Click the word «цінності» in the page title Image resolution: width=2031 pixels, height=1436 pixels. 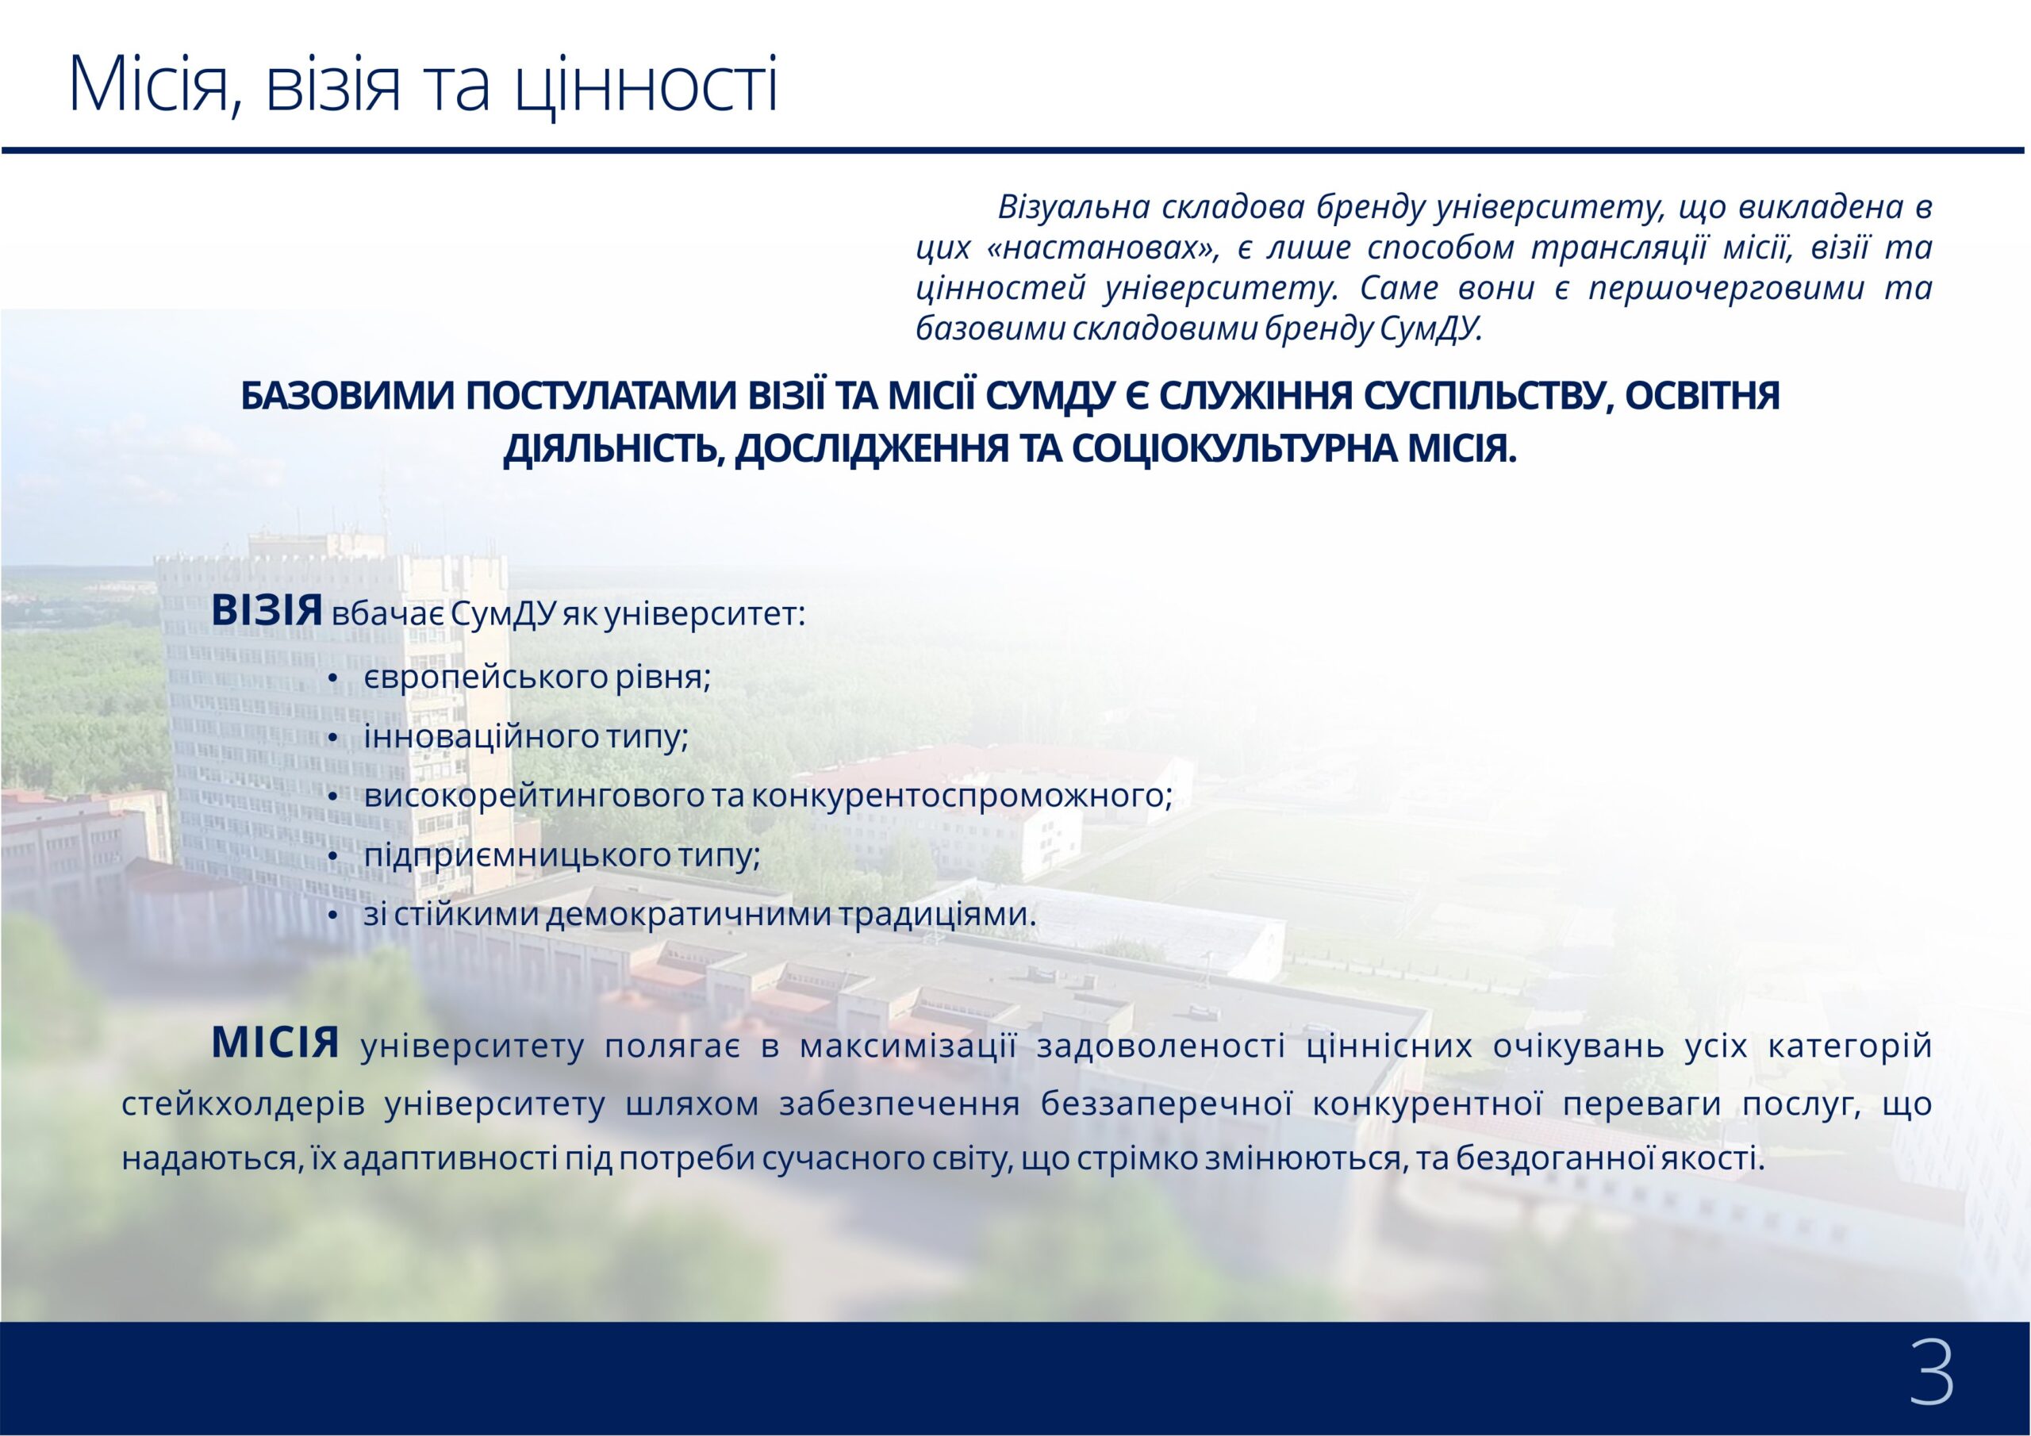(x=647, y=84)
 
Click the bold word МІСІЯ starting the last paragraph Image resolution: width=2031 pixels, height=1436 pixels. (x=275, y=1044)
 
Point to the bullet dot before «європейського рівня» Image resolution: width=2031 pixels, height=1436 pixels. (x=332, y=678)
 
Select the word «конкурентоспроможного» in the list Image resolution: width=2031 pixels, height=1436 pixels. (x=962, y=796)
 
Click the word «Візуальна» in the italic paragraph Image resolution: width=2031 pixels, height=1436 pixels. (x=1073, y=207)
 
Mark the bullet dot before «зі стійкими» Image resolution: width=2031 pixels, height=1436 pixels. (x=332, y=916)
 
